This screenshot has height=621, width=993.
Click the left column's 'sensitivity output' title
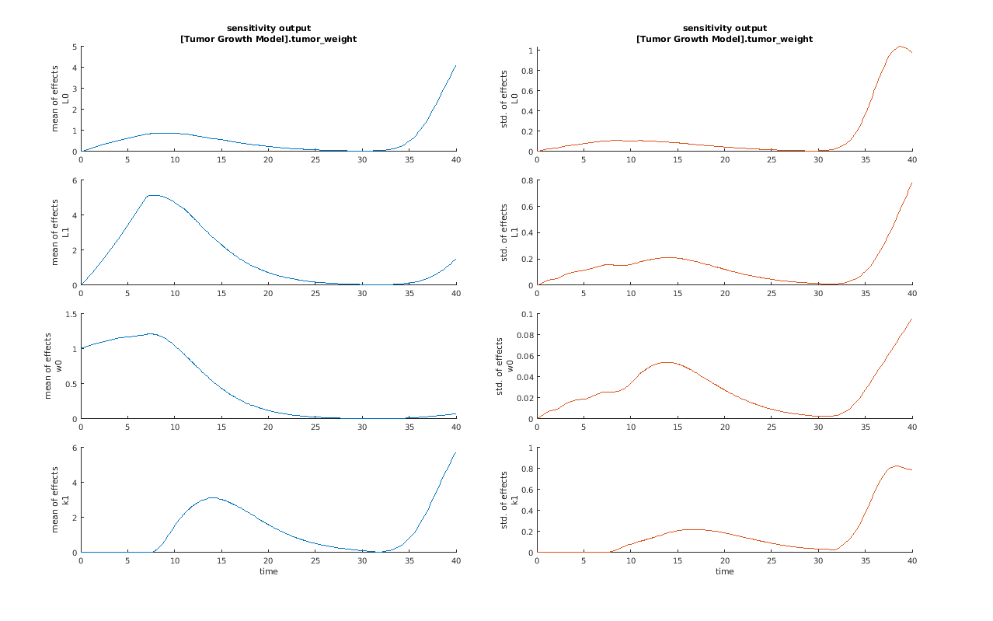pyautogui.click(x=268, y=28)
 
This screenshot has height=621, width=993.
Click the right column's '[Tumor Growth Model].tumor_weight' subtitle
pyautogui.click(x=724, y=39)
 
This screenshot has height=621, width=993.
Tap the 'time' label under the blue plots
pyautogui.click(x=268, y=571)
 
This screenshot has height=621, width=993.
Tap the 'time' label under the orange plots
pyautogui.click(x=724, y=571)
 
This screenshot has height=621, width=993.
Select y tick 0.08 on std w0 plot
pyautogui.click(x=524, y=335)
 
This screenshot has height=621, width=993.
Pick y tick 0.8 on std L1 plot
pyautogui.click(x=527, y=180)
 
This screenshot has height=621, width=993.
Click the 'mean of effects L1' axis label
pyautogui.click(x=61, y=232)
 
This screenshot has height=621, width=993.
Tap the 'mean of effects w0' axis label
pyautogui.click(x=53, y=365)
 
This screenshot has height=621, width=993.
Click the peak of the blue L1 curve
pyautogui.click(x=153, y=195)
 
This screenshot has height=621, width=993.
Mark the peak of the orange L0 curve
pyautogui.click(x=900, y=46)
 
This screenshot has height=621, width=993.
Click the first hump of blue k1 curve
pyautogui.click(x=212, y=497)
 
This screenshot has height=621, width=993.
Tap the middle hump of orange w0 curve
pyautogui.click(x=667, y=362)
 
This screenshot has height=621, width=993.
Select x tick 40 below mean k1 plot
pyautogui.click(x=456, y=560)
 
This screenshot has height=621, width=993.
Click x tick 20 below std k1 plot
pyautogui.click(x=725, y=560)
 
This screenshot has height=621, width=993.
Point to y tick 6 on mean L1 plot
pyautogui.click(x=75, y=180)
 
